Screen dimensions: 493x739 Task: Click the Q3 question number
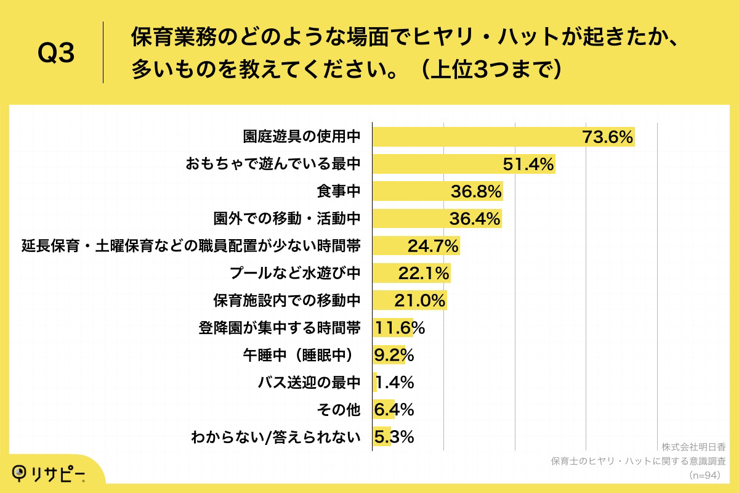pyautogui.click(x=56, y=54)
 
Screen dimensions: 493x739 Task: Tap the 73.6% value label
pyautogui.click(x=608, y=137)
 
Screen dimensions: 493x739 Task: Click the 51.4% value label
pyautogui.click(x=529, y=165)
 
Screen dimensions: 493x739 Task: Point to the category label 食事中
pyautogui.click(x=338, y=192)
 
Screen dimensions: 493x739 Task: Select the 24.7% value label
pyautogui.click(x=433, y=246)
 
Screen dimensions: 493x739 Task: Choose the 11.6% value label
pyautogui.click(x=400, y=328)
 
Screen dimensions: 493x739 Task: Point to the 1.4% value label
pyautogui.click(x=394, y=383)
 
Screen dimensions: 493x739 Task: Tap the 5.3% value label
pyautogui.click(x=394, y=437)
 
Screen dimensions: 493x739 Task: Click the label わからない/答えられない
pyautogui.click(x=275, y=437)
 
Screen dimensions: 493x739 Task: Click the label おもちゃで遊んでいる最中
pyautogui.click(x=273, y=165)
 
